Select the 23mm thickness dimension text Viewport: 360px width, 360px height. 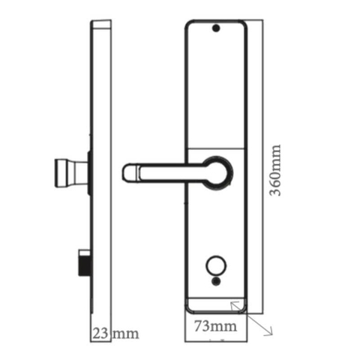point(115,331)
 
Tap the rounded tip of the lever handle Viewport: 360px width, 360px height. point(128,173)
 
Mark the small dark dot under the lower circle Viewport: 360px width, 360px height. point(216,282)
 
